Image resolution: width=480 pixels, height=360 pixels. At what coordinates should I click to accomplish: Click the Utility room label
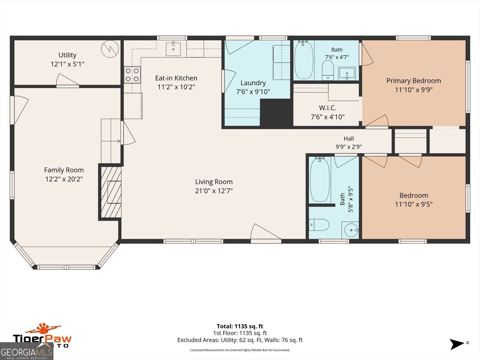point(67,55)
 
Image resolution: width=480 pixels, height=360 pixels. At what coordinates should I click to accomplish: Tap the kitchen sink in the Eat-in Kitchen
point(173,49)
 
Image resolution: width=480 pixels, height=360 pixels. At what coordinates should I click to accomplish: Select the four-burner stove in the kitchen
point(132,75)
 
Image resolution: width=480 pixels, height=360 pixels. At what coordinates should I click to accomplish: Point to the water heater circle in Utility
point(110,49)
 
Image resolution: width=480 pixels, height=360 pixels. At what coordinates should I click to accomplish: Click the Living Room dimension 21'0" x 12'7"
point(214,191)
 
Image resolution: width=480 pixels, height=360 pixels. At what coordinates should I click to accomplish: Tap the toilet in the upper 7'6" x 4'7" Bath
point(328,70)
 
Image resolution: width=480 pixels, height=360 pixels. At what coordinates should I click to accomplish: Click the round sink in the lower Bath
point(351,230)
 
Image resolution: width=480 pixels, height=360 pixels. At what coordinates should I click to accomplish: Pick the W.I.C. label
point(328,108)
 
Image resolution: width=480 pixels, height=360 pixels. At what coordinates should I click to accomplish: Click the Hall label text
point(349,139)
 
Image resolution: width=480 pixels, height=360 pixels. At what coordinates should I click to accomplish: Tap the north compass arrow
point(457,344)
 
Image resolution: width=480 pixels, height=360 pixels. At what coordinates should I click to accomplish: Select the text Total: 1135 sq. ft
point(240,326)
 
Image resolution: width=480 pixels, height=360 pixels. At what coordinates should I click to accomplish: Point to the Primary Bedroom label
point(413,81)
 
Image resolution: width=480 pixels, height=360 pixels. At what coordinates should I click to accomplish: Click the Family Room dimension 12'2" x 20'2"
point(64,179)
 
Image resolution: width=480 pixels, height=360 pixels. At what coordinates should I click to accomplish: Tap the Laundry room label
point(253,83)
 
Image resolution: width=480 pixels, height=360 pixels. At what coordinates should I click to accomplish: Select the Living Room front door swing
point(266,232)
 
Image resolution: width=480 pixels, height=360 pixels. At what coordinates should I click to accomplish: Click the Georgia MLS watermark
point(26,351)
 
